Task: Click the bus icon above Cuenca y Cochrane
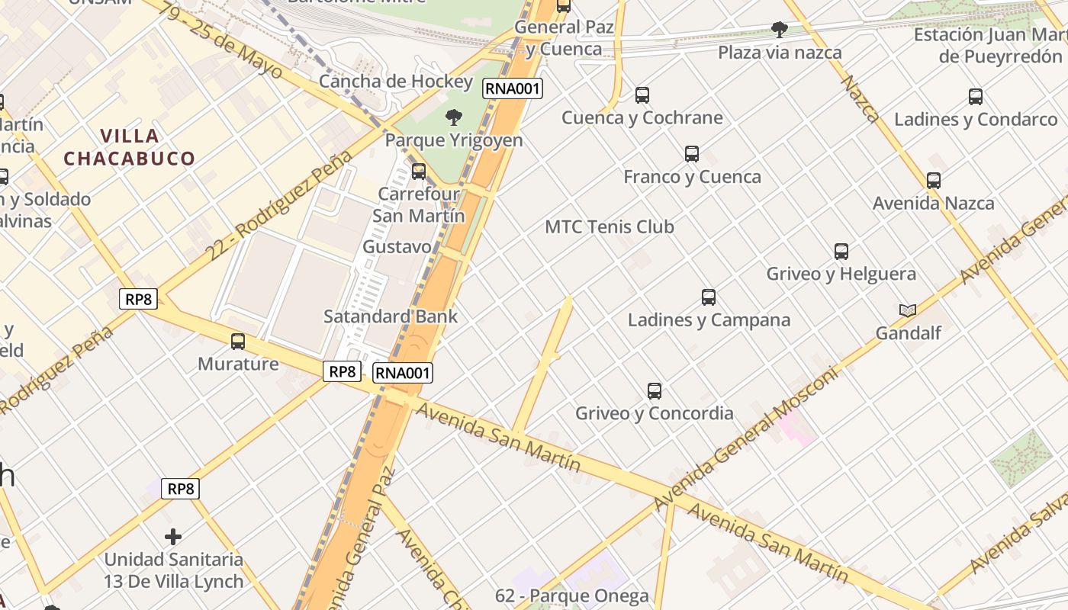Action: coord(642,95)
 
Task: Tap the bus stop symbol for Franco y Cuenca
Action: coord(692,154)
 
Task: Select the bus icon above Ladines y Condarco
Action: coord(976,97)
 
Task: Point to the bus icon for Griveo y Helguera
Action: coord(841,252)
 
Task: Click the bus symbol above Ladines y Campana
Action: coord(709,297)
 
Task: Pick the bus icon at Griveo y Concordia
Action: coord(655,391)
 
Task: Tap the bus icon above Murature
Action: coord(238,342)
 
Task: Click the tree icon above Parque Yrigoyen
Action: coord(454,117)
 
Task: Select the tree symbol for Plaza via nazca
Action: coord(780,30)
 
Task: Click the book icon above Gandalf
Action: coord(908,310)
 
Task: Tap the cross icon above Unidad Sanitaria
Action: coord(173,537)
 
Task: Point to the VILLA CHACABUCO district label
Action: coord(129,147)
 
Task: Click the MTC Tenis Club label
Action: coord(610,226)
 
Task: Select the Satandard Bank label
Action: coord(391,316)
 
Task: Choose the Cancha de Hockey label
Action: coord(396,81)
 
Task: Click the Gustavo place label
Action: coord(397,247)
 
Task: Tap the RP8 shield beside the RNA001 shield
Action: coord(342,371)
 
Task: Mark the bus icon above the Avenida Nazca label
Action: coord(934,181)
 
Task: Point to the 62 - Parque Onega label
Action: coord(572,596)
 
